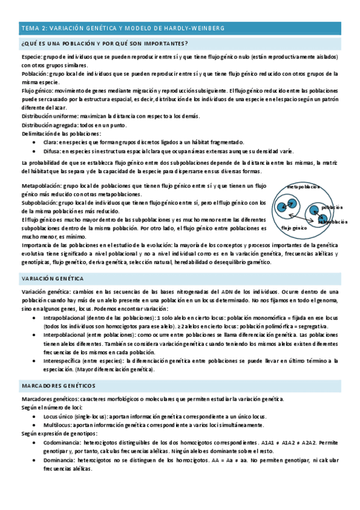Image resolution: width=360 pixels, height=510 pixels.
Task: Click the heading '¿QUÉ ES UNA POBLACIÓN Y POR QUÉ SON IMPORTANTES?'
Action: pos(105,43)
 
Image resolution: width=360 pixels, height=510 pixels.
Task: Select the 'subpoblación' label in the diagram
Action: pos(332,222)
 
